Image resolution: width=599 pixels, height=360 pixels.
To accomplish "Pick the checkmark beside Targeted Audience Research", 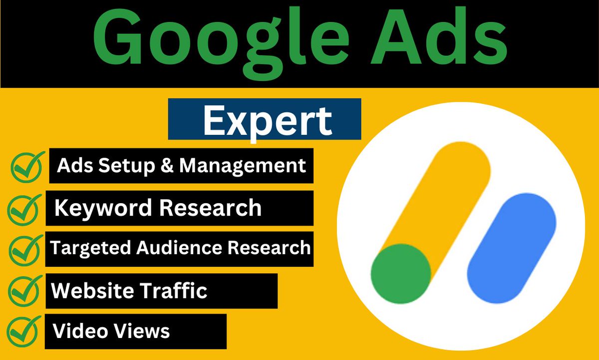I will pos(25,248).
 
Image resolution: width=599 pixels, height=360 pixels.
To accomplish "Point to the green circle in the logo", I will pos(401,273).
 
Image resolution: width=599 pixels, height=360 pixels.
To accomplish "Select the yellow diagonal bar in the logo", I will pos(439,200).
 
